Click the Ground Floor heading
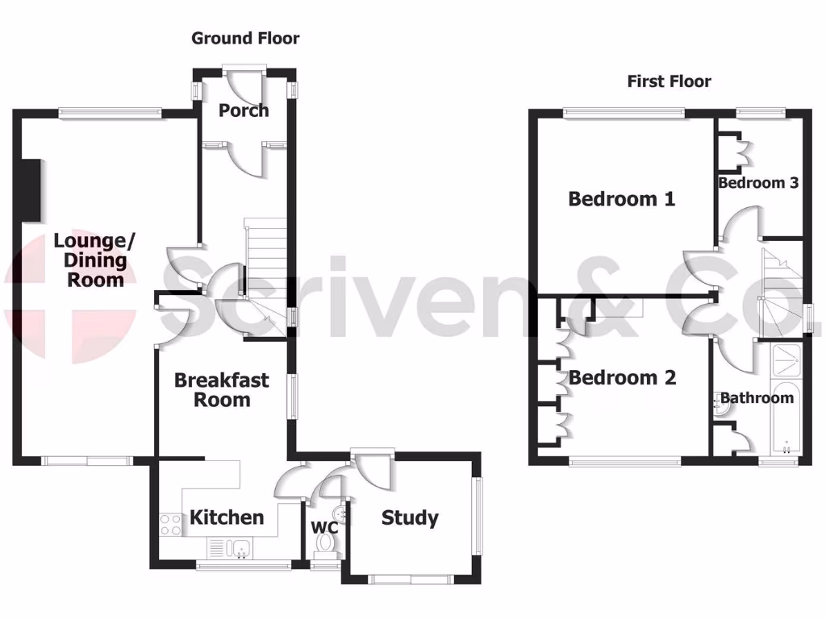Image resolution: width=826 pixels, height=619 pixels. coord(245,38)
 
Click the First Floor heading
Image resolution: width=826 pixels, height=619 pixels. coord(670,81)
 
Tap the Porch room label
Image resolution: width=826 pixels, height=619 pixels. coord(244,110)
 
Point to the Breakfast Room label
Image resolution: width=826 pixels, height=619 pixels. coord(222,389)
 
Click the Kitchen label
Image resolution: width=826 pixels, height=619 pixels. coord(227,517)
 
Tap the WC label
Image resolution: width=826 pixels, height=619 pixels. coord(324,528)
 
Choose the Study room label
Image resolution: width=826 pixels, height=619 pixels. coord(410,517)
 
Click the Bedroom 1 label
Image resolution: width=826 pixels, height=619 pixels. coord(621,198)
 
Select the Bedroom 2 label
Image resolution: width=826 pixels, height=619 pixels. coord(622,377)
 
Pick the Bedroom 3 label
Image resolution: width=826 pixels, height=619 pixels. coord(758,183)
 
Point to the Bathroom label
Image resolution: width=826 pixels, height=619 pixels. coord(757,397)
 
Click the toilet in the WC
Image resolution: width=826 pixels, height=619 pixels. coord(326,545)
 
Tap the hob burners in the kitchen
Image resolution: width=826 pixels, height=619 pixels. coord(170,525)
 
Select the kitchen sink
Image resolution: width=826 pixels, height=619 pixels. coord(240,549)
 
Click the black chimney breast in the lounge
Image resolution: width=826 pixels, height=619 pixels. coord(31,189)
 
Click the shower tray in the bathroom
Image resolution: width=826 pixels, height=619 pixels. coord(785,360)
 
